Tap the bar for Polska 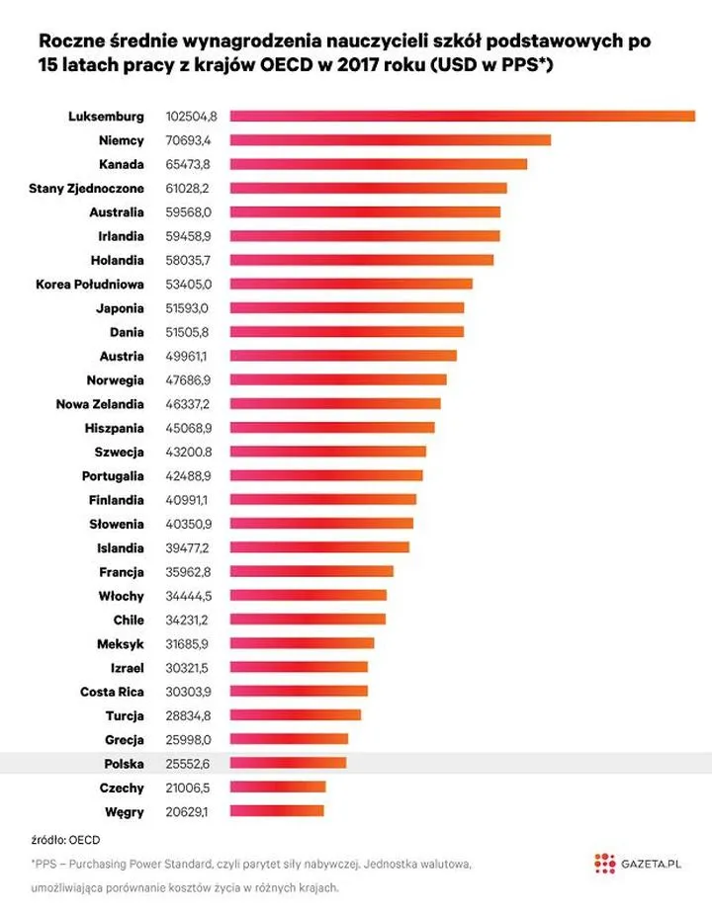tap(288, 764)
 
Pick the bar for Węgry tap(277, 811)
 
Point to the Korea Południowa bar tap(351, 284)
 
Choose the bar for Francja tap(311, 571)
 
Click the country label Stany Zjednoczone tap(86, 188)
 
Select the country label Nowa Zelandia tap(100, 404)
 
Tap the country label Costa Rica tap(112, 692)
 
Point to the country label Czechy tap(122, 788)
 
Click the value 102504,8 tap(191, 117)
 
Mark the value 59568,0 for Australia tap(188, 212)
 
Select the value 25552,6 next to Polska tap(188, 764)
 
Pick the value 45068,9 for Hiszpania tap(188, 428)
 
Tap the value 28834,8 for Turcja tap(188, 715)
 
